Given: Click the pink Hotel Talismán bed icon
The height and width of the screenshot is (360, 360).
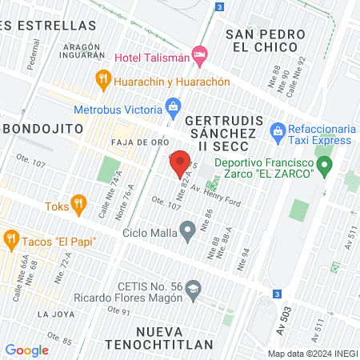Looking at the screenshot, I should click(199, 56).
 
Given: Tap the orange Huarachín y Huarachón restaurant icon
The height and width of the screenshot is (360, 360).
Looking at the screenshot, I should click(102, 80).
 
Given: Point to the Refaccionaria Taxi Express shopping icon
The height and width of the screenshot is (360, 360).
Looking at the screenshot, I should click(278, 130).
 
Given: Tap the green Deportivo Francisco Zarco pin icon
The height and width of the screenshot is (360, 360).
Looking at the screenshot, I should click(324, 167).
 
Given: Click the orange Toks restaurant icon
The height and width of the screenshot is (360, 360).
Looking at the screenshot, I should click(78, 204).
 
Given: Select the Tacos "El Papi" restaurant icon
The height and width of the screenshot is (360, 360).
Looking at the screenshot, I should click(10, 238).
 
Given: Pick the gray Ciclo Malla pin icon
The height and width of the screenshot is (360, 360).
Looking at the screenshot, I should click(188, 232).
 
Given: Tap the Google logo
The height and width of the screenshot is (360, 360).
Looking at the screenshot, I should click(26, 350).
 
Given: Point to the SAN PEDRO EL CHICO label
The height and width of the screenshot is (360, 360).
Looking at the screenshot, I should click(265, 40).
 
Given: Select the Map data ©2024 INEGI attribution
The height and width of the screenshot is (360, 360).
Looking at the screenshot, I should click(312, 353).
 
